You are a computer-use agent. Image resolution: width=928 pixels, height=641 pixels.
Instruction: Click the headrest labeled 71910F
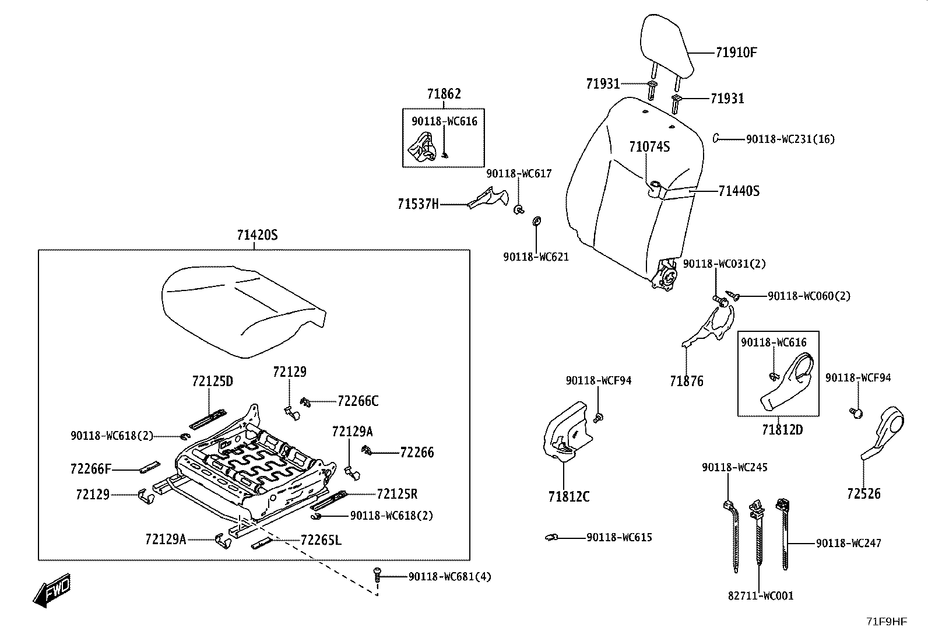pyautogui.click(x=666, y=48)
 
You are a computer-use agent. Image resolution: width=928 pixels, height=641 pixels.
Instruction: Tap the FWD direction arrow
pyautogui.click(x=52, y=590)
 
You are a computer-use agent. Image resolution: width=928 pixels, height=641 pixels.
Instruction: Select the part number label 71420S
pyautogui.click(x=257, y=235)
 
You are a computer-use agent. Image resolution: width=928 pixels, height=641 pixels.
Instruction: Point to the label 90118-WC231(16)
pyautogui.click(x=790, y=139)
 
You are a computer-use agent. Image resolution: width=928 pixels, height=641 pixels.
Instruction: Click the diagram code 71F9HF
pyautogui.click(x=887, y=622)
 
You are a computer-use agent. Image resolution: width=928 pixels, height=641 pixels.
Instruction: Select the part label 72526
pyautogui.click(x=864, y=493)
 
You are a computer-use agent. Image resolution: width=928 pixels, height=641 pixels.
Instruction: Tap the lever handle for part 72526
pyautogui.click(x=883, y=433)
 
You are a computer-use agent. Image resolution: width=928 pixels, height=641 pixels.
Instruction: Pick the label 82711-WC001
pyautogui.click(x=761, y=596)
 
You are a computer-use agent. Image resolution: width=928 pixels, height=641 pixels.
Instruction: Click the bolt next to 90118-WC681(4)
pyautogui.click(x=377, y=576)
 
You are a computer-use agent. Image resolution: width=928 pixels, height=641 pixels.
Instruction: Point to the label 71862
pyautogui.click(x=444, y=94)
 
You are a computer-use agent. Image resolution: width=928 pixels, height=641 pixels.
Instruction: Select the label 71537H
pyautogui.click(x=418, y=204)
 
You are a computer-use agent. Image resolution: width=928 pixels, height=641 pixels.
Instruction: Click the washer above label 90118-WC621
pyautogui.click(x=536, y=221)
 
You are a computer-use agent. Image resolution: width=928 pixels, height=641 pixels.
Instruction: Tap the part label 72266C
pyautogui.click(x=358, y=401)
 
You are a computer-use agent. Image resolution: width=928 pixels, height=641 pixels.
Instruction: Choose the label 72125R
pyautogui.click(x=397, y=494)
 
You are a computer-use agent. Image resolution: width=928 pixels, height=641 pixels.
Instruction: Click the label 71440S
pyautogui.click(x=739, y=191)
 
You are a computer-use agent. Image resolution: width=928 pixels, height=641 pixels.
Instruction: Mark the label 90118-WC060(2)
pyautogui.click(x=809, y=296)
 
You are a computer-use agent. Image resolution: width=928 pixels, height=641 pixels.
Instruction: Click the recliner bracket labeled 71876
pyautogui.click(x=709, y=326)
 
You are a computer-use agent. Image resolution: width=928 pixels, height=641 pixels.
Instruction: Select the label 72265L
pyautogui.click(x=321, y=540)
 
